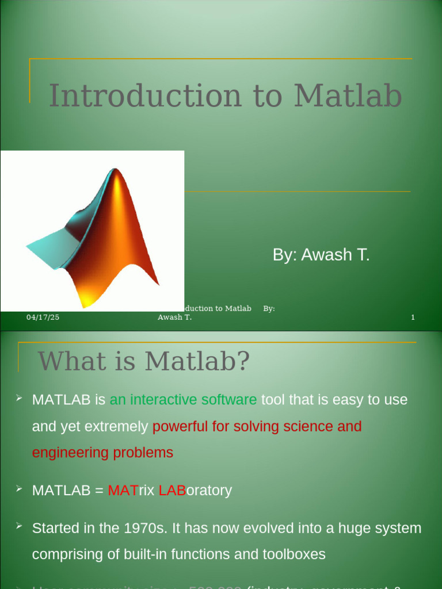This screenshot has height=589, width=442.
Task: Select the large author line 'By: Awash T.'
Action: [x=321, y=255]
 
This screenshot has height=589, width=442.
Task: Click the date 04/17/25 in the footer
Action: [x=43, y=318]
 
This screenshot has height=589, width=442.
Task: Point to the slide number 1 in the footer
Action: [x=413, y=318]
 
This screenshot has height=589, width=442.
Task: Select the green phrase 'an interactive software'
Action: [x=183, y=400]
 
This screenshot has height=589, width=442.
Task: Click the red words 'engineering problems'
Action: [x=102, y=453]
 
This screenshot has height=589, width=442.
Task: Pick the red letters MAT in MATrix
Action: [x=123, y=491]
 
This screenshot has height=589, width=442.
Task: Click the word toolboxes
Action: [x=294, y=554]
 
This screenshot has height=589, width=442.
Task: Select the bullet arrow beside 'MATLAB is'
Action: [x=19, y=398]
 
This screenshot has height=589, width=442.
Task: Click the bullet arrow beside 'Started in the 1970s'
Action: [x=19, y=526]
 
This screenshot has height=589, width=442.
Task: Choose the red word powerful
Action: [x=183, y=426]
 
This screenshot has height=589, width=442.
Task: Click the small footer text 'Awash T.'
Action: [x=174, y=318]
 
